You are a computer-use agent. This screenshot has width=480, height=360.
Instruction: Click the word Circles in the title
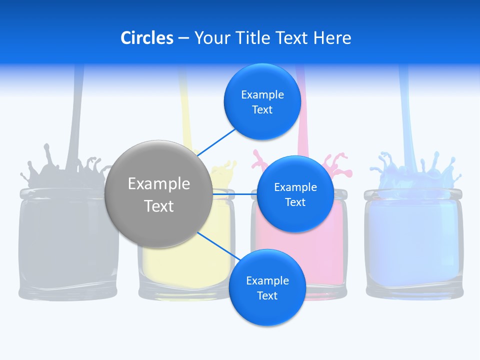[146, 38]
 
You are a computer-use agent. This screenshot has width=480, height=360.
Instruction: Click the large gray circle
[158, 194]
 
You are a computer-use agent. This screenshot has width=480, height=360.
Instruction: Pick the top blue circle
[262, 102]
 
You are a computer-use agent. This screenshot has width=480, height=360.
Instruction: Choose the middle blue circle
[295, 194]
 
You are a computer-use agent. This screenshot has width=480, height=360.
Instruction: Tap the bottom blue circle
[267, 287]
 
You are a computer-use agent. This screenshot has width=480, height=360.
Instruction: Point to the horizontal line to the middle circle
[234, 193]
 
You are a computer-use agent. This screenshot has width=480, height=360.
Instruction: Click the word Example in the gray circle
[159, 184]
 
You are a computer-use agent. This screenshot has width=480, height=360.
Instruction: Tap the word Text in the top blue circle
[262, 110]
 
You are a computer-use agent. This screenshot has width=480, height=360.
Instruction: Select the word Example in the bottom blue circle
[267, 280]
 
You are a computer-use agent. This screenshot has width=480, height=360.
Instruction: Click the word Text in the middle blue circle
[295, 202]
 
